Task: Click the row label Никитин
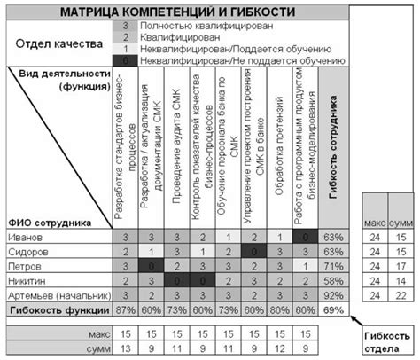(x=27, y=280)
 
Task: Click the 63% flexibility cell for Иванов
(x=333, y=237)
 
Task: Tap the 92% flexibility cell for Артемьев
(x=333, y=294)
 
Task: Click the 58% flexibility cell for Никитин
(x=333, y=280)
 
